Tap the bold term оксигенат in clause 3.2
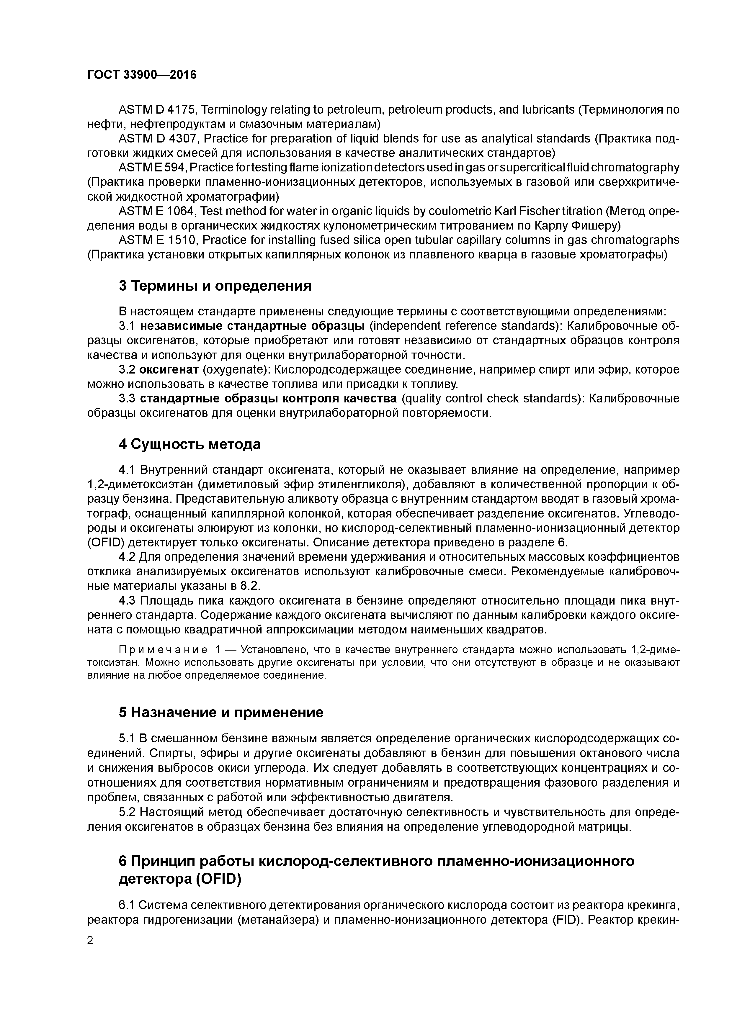pyautogui.click(x=169, y=370)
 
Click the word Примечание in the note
pyautogui.click(x=162, y=650)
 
